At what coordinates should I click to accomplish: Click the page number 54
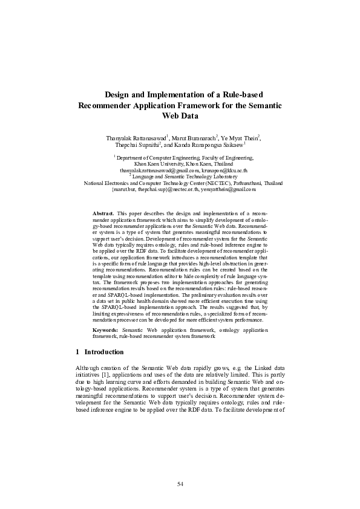tap(180, 466)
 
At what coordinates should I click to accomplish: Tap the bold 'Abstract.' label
tap(103, 214)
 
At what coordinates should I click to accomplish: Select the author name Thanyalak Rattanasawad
tap(136, 138)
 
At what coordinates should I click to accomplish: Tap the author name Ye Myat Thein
tap(240, 138)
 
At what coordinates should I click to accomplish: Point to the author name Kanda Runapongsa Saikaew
tap(210, 146)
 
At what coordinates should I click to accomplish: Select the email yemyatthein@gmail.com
tap(227, 189)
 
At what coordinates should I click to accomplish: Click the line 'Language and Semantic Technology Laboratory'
tap(181, 176)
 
